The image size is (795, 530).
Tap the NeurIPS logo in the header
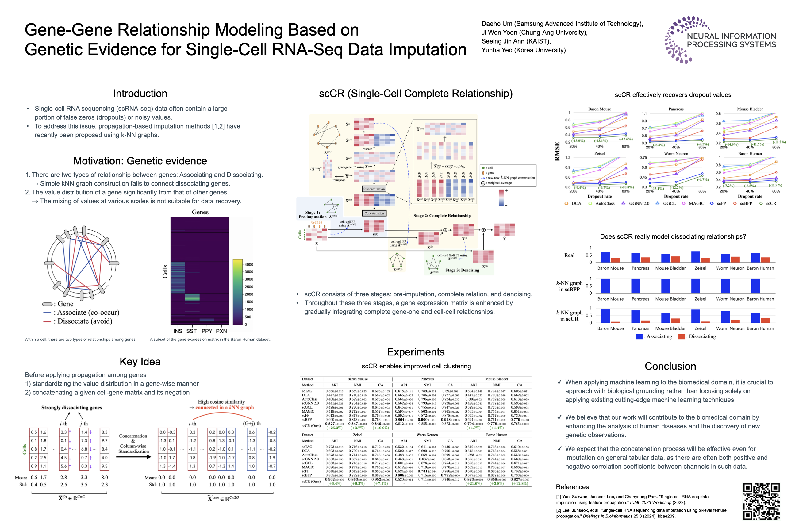[x=720, y=40]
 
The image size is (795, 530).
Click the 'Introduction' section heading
[x=140, y=94]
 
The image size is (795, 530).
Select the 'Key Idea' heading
[x=140, y=362]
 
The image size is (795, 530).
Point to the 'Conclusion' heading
[x=670, y=366]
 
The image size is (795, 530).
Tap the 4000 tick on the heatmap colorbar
[x=249, y=265]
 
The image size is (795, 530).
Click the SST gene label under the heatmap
[x=191, y=331]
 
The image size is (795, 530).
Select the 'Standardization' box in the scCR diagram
[x=374, y=189]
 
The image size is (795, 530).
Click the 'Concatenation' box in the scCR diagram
[x=374, y=213]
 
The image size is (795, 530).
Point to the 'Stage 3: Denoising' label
[x=462, y=270]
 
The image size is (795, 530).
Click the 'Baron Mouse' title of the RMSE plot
[x=599, y=109]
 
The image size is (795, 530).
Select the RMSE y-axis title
[x=557, y=151]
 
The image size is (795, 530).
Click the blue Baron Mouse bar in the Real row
[x=605, y=257]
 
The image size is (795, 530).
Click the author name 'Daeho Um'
[x=497, y=24]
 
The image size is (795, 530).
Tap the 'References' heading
[x=572, y=487]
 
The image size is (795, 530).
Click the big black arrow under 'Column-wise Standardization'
[x=133, y=457]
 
